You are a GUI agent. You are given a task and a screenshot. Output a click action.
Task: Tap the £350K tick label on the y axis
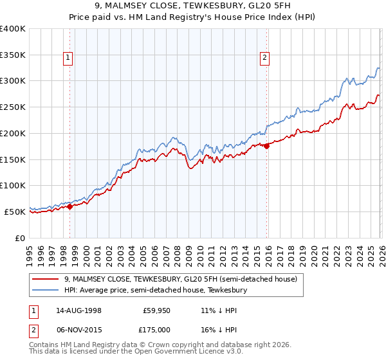pos(13,55)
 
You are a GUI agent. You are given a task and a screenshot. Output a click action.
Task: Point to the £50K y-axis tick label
pos(15,212)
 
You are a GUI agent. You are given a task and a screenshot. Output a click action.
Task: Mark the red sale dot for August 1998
pos(70,206)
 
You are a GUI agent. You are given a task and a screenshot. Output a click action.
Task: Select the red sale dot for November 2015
pos(266,146)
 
